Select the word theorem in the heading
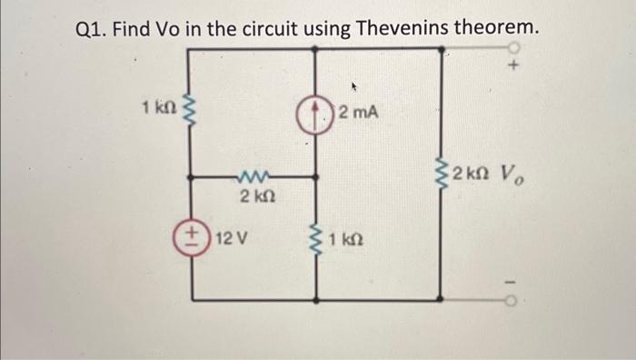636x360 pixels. (x=493, y=28)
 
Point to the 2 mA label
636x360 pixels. (x=359, y=114)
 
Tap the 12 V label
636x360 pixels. (x=234, y=243)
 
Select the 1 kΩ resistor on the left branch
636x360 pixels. (x=189, y=114)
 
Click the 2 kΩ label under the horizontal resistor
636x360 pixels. (x=252, y=195)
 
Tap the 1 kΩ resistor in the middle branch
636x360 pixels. (x=316, y=243)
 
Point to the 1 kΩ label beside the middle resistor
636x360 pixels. (x=348, y=242)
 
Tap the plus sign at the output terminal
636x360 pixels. (x=514, y=67)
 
